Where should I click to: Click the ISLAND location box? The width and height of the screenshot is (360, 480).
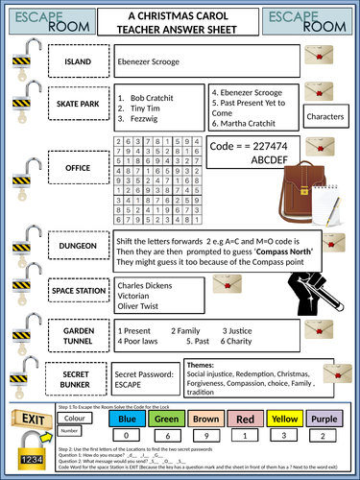tap(78, 62)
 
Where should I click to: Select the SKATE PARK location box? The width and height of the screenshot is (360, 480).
tap(78, 101)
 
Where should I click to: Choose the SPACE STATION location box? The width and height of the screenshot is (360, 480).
tap(78, 289)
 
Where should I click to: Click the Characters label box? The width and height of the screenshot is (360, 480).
tap(330, 116)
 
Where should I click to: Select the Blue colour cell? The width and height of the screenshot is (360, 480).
tap(126, 419)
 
